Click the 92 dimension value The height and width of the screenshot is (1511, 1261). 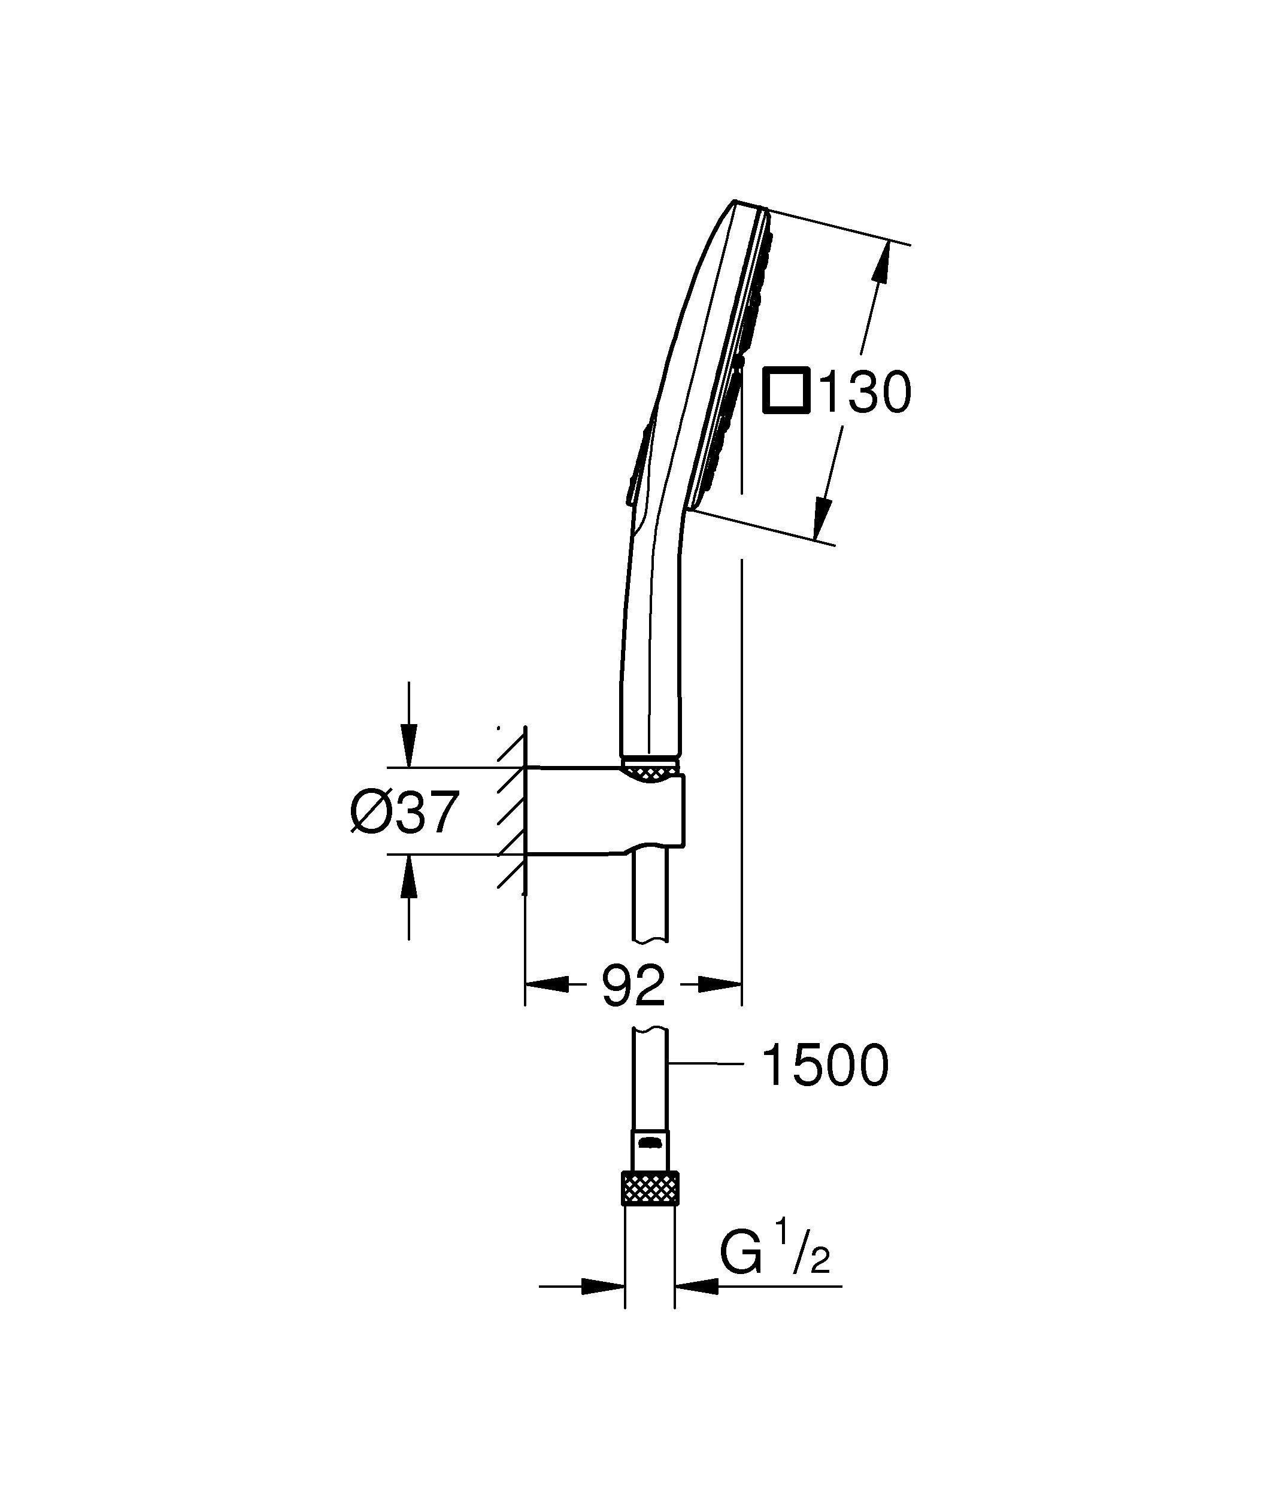(x=633, y=986)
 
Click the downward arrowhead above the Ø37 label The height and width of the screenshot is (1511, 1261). (x=409, y=748)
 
